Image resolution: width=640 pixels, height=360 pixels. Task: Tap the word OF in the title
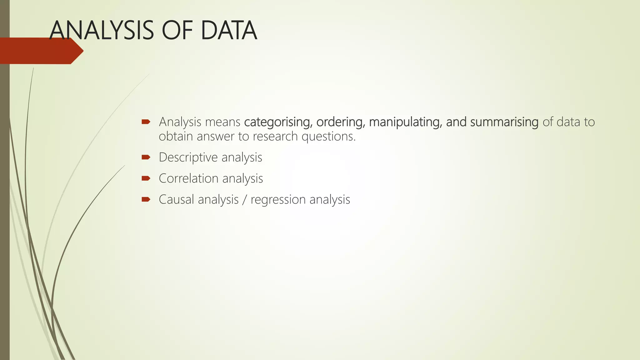click(x=177, y=30)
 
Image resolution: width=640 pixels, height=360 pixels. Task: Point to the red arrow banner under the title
click(x=41, y=51)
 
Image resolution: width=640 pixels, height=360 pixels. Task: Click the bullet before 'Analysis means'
click(x=146, y=122)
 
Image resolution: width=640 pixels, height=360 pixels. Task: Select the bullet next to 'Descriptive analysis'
click(x=146, y=157)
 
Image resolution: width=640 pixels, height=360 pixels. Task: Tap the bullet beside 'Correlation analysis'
click(x=146, y=178)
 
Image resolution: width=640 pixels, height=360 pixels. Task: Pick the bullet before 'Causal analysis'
click(x=146, y=199)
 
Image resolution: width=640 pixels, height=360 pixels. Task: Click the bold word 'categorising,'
click(x=278, y=122)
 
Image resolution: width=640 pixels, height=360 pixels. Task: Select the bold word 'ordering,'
click(x=341, y=122)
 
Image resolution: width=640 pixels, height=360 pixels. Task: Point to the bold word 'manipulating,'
click(x=405, y=122)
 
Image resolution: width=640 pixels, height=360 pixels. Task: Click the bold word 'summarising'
click(x=504, y=122)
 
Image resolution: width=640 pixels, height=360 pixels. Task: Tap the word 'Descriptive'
click(x=188, y=157)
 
